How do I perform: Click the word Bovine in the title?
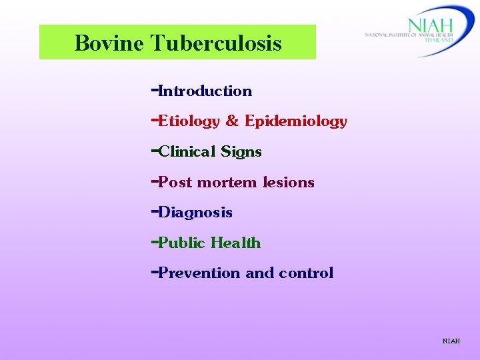point(109,44)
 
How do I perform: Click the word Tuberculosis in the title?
point(216,44)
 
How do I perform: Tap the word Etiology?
point(189,121)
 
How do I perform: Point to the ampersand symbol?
point(232,121)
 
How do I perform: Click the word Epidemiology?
point(296,121)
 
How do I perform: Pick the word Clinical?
point(187,152)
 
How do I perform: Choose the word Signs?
point(241,152)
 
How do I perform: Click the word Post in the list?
point(175,182)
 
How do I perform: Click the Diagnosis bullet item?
point(195,213)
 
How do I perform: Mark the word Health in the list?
point(236,243)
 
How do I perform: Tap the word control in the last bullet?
point(306,273)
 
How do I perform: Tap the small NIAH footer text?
point(451,341)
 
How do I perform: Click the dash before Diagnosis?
point(154,212)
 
